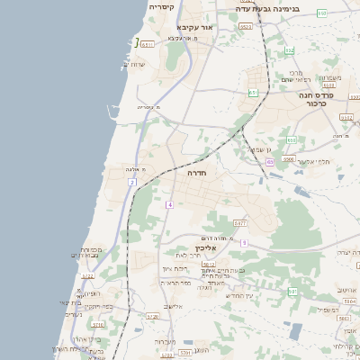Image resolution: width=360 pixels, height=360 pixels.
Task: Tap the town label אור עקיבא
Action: pos(195,28)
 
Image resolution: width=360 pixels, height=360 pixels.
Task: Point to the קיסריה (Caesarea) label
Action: pos(161,7)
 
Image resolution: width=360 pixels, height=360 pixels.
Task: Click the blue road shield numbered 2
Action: pos(131,183)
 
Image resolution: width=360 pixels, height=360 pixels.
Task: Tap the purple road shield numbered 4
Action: pos(168,205)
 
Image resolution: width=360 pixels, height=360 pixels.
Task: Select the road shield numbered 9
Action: pos(244,242)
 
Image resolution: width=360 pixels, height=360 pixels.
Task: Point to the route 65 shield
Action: pos(269,162)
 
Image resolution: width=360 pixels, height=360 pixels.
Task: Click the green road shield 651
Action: pos(253,92)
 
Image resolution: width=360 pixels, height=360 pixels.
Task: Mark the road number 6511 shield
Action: pos(148,43)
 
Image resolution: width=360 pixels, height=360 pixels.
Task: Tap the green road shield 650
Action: pos(289,140)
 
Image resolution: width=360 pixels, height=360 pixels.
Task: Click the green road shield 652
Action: pos(287,50)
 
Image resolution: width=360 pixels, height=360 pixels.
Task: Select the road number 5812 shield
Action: pos(209,265)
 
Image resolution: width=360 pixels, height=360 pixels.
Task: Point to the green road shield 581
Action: pos(292,292)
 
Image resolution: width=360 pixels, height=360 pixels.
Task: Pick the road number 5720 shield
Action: pos(152,317)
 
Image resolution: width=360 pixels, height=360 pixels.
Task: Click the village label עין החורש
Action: pos(240,296)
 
